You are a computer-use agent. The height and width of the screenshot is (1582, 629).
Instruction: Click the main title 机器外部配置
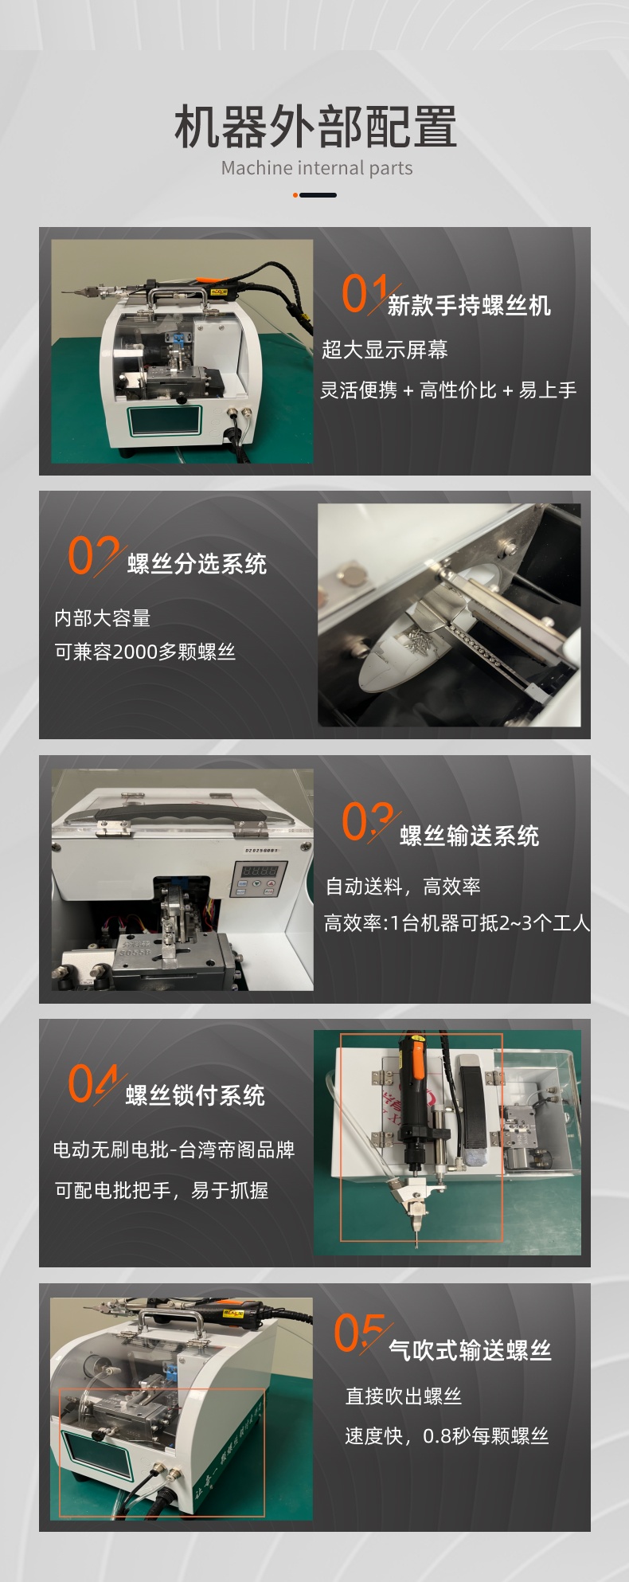click(315, 127)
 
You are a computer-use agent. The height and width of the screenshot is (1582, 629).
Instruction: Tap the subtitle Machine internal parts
click(317, 168)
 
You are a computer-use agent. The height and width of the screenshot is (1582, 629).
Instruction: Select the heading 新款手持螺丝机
click(469, 305)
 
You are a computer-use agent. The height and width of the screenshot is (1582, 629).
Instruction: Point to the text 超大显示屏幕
click(385, 350)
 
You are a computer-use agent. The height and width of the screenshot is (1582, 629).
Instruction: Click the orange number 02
click(92, 554)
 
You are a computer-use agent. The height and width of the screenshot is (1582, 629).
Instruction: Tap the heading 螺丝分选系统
click(197, 564)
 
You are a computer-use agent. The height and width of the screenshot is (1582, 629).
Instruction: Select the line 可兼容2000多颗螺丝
click(145, 652)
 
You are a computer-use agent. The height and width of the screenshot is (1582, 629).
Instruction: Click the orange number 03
click(366, 821)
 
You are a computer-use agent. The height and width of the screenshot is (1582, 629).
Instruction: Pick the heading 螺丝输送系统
click(469, 836)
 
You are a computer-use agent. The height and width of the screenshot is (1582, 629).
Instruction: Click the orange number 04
click(92, 1083)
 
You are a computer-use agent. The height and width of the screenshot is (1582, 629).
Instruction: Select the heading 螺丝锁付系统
click(195, 1095)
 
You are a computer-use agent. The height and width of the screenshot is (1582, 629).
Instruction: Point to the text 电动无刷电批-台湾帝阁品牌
click(174, 1149)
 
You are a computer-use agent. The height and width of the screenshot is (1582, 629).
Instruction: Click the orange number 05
click(358, 1333)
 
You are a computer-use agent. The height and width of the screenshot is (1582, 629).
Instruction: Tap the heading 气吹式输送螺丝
click(470, 1349)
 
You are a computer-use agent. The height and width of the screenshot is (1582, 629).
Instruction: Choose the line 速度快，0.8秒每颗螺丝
click(447, 1436)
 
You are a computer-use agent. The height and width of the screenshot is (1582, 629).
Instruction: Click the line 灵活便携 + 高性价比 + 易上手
click(448, 390)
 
